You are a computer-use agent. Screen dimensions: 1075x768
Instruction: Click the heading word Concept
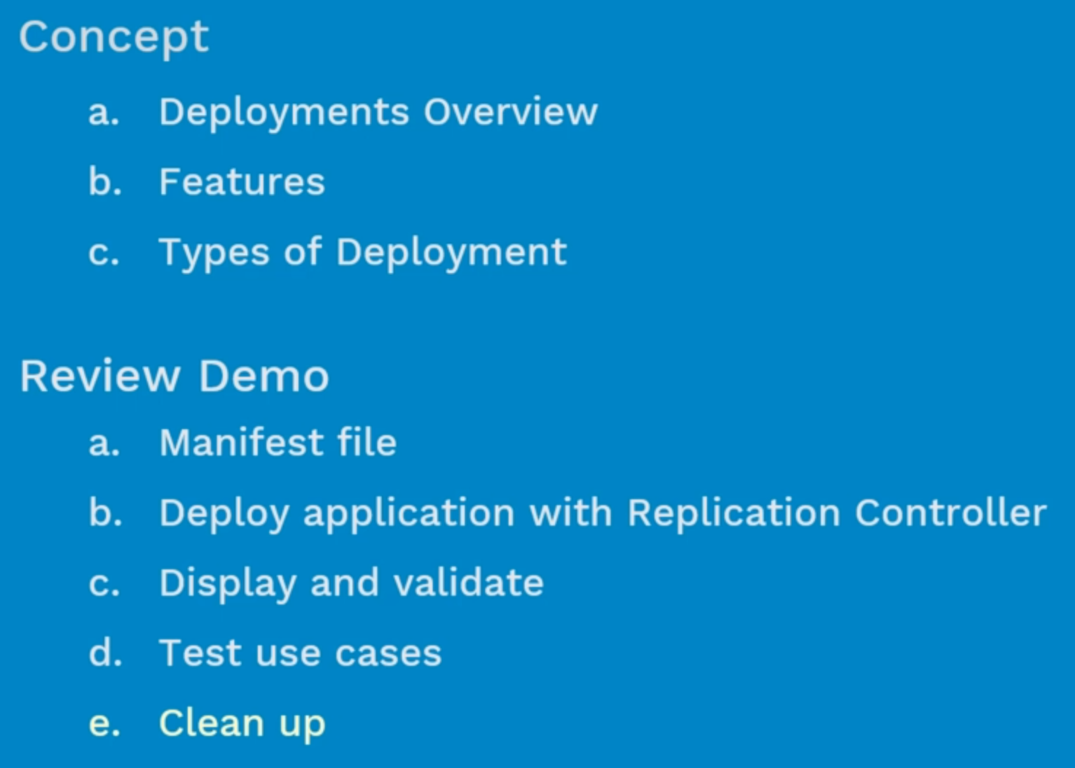tap(114, 38)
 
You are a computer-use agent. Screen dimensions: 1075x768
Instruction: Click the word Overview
tap(510, 113)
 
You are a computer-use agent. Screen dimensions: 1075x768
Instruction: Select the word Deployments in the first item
tap(285, 113)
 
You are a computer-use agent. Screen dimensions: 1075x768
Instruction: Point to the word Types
tap(214, 253)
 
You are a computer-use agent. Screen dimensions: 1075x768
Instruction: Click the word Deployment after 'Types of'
tap(451, 253)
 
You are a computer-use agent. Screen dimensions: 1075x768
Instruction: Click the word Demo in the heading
tap(264, 376)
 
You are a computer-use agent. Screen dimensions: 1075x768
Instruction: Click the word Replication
tap(734, 515)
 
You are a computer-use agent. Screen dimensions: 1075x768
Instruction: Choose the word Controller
tap(950, 512)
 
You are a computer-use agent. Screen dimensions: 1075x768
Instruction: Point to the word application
tap(409, 515)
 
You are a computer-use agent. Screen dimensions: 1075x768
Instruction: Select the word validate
tap(469, 583)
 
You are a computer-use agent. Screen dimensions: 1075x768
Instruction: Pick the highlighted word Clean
tap(211, 722)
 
